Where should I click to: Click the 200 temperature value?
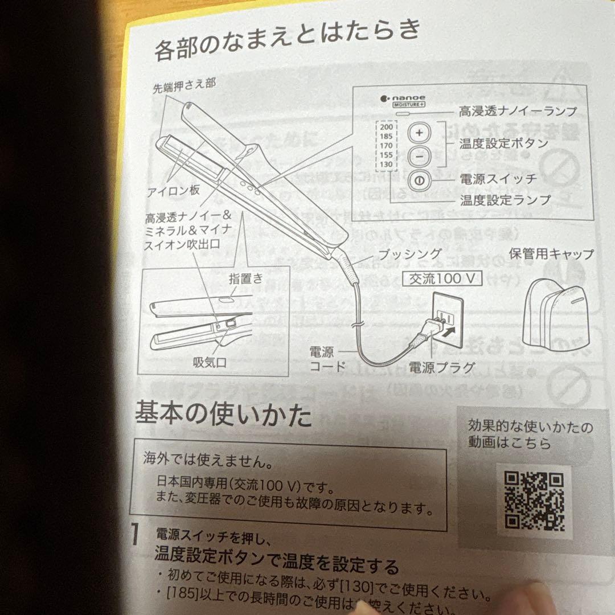[385, 127]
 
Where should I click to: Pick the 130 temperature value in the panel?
[386, 163]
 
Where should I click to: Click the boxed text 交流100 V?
[442, 278]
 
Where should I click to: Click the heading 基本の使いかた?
[223, 414]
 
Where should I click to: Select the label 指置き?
[246, 278]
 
